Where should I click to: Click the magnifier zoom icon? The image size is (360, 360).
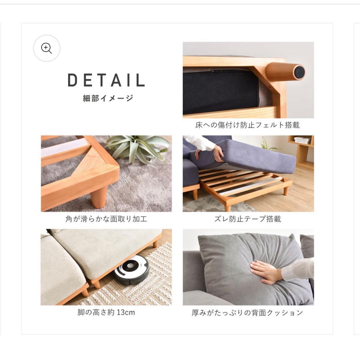47,48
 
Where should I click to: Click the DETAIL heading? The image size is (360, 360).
106,80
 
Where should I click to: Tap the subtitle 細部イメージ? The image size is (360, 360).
108,98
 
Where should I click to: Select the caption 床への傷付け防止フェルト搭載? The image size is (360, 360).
248,125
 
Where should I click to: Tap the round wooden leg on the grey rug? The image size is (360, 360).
99,197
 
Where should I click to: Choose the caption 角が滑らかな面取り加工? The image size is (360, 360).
106,219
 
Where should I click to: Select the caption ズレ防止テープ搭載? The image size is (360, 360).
248,219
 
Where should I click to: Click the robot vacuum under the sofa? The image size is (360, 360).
131,270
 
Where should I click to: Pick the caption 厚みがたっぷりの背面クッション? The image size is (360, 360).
248,313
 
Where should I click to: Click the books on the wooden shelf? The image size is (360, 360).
302,140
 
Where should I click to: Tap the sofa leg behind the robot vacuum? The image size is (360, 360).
155,244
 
